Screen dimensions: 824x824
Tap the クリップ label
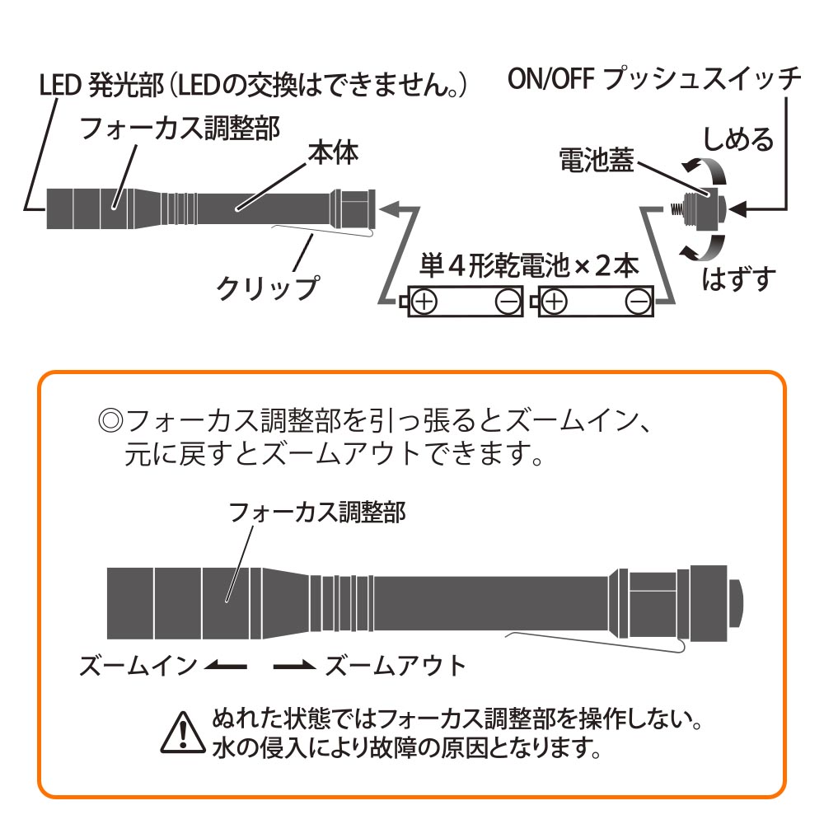pyautogui.click(x=266, y=288)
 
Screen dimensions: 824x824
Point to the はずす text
pyautogui.click(x=739, y=280)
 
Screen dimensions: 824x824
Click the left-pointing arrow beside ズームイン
pyautogui.click(x=225, y=666)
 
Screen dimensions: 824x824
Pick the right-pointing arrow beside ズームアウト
pyautogui.click(x=294, y=666)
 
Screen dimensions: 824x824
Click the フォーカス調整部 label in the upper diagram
pyautogui.click(x=179, y=127)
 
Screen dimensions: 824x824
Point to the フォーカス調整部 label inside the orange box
pyautogui.click(x=316, y=513)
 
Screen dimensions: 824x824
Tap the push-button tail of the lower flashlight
pyautogui.click(x=735, y=603)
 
